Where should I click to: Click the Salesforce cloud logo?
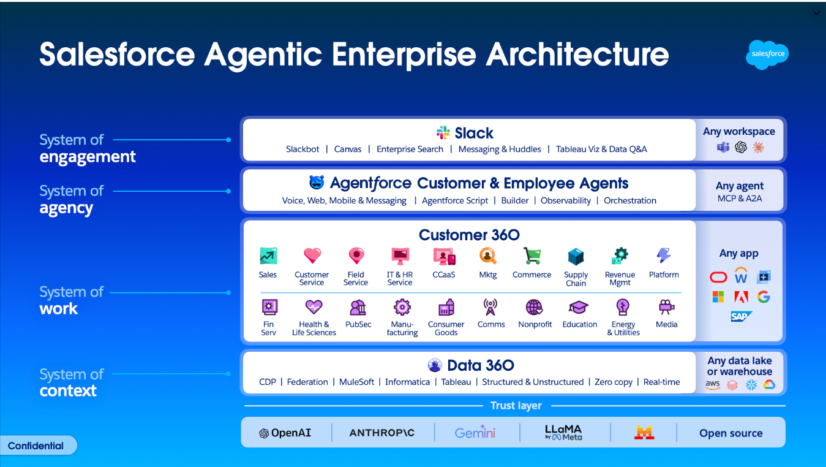767,55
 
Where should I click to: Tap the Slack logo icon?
443,132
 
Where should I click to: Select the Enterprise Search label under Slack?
410,149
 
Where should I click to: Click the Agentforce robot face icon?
317,183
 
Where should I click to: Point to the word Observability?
566,200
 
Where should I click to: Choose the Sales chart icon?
268,256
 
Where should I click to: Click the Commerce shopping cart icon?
531,256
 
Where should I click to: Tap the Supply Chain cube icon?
576,257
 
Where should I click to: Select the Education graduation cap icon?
579,307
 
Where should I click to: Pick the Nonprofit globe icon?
535,307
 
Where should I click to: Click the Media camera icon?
666,307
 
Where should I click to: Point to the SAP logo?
741,316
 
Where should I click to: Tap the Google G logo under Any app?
764,297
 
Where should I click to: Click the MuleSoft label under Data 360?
356,382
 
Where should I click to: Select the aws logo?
713,385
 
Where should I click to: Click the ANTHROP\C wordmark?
382,433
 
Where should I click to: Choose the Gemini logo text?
475,432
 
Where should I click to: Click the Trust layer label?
516,405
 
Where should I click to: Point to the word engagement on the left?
88,157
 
